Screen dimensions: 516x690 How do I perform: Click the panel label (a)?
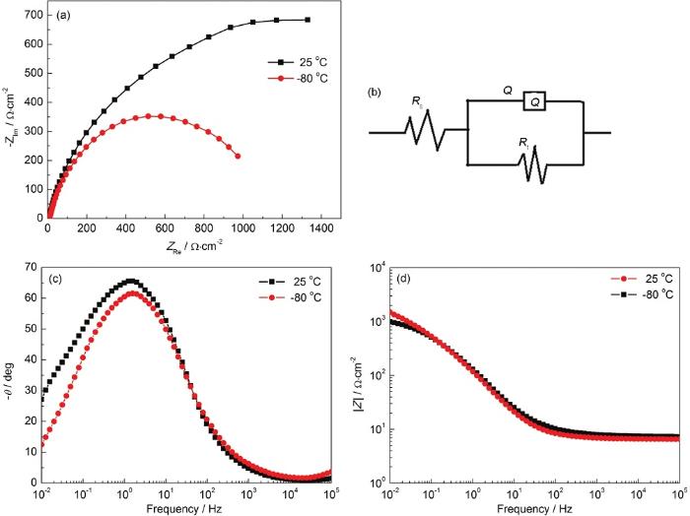pyautogui.click(x=63, y=17)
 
